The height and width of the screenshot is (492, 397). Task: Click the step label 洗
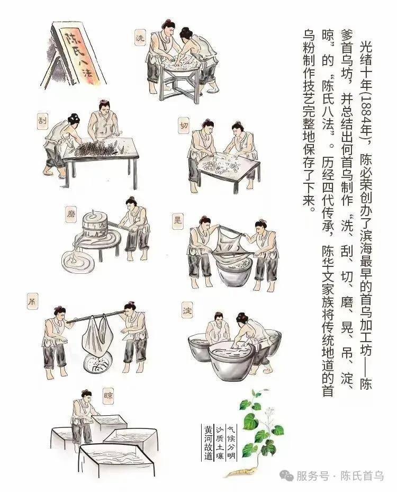140,38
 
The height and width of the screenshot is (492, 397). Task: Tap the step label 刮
42,121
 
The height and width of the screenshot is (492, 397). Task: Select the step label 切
184,126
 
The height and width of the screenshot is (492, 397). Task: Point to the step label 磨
71,214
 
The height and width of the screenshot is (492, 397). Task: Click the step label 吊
32,301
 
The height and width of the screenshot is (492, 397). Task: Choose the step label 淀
187,309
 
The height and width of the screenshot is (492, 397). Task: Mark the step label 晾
108,396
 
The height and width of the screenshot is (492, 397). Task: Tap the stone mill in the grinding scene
94,226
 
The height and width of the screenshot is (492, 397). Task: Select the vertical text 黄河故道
208,442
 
